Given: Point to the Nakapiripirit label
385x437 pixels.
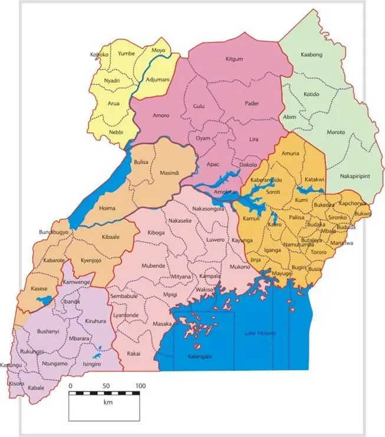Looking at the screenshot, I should [x=357, y=176].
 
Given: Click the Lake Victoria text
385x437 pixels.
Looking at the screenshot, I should [x=259, y=334].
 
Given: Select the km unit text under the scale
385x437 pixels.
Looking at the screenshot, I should [x=108, y=402].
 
